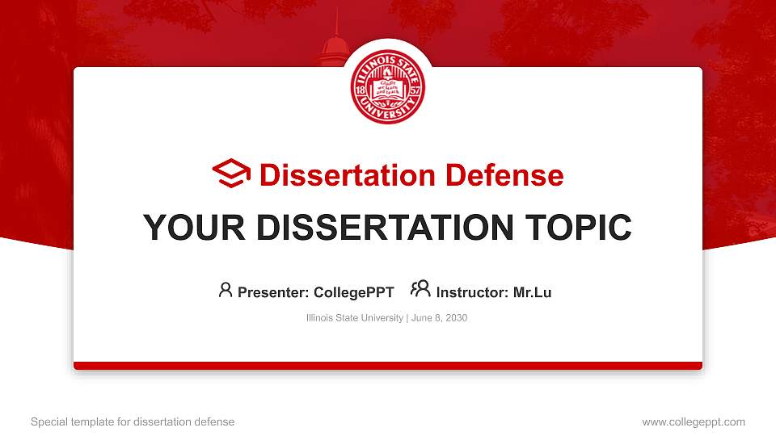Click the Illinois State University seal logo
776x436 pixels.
pyautogui.click(x=387, y=89)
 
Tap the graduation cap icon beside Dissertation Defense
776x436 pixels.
pyautogui.click(x=231, y=174)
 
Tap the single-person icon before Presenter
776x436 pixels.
pyautogui.click(x=226, y=290)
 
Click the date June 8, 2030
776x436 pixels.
pyautogui.click(x=439, y=318)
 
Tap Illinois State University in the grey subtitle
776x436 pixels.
pyautogui.click(x=354, y=318)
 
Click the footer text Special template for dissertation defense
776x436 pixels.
pyautogui.click(x=133, y=421)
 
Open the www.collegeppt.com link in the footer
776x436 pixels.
pyautogui.click(x=694, y=421)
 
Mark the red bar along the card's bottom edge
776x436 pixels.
pyautogui.click(x=387, y=366)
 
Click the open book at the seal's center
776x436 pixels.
pyautogui.click(x=387, y=90)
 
